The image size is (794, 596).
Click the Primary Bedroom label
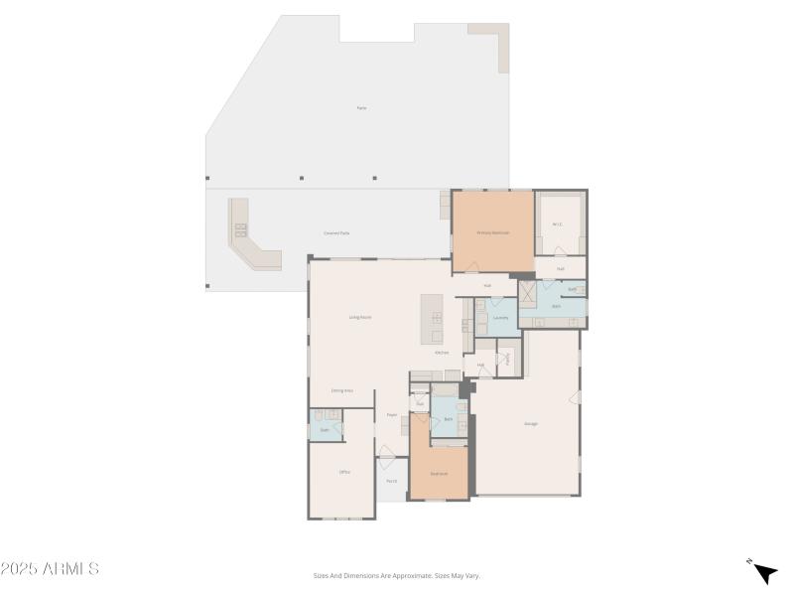[x=492, y=232]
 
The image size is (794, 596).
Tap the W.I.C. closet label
[x=558, y=223]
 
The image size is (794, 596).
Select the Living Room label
[x=359, y=317]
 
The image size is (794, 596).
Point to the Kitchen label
[x=442, y=353]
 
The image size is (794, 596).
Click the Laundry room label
[x=500, y=318]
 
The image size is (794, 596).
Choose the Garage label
[x=531, y=424]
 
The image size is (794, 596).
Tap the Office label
[x=344, y=472]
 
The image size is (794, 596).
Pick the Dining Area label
[x=342, y=390]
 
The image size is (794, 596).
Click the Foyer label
[x=392, y=415]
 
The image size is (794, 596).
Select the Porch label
[x=392, y=481]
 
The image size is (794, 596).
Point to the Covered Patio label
[x=336, y=232]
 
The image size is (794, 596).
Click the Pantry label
[x=507, y=358]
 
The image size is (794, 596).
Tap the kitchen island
[x=432, y=319]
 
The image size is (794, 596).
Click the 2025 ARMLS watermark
[x=50, y=569]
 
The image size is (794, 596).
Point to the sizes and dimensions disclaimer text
[x=396, y=575]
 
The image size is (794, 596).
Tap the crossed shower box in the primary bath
[x=527, y=293]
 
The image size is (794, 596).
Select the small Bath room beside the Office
[x=325, y=429]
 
